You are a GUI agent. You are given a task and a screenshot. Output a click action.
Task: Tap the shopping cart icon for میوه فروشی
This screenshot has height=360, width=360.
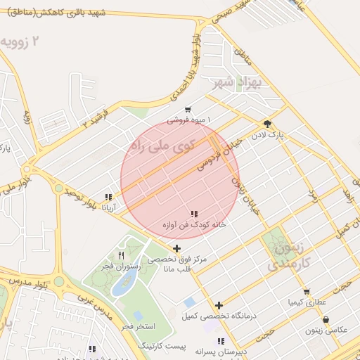(x=188, y=110)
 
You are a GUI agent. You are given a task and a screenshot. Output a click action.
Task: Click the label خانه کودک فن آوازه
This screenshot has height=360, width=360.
(x=194, y=225)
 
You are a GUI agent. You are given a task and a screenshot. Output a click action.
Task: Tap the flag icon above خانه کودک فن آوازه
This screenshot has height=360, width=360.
(x=194, y=214)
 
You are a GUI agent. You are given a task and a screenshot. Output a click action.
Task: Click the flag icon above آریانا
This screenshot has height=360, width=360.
(x=108, y=198)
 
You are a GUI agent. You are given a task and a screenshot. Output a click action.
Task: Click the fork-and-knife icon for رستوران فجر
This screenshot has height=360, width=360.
(x=121, y=255)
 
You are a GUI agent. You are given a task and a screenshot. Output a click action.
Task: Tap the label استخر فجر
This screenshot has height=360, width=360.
(x=136, y=327)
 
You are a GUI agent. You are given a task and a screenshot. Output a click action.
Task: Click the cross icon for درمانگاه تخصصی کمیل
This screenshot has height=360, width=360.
(x=220, y=305)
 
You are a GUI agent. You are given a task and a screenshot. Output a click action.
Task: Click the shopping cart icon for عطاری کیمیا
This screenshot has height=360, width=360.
(x=307, y=291)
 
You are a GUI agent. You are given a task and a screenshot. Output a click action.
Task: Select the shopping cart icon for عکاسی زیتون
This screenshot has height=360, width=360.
(x=326, y=319)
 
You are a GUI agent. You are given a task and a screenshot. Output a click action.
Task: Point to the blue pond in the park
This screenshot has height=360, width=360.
(x=124, y=282)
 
